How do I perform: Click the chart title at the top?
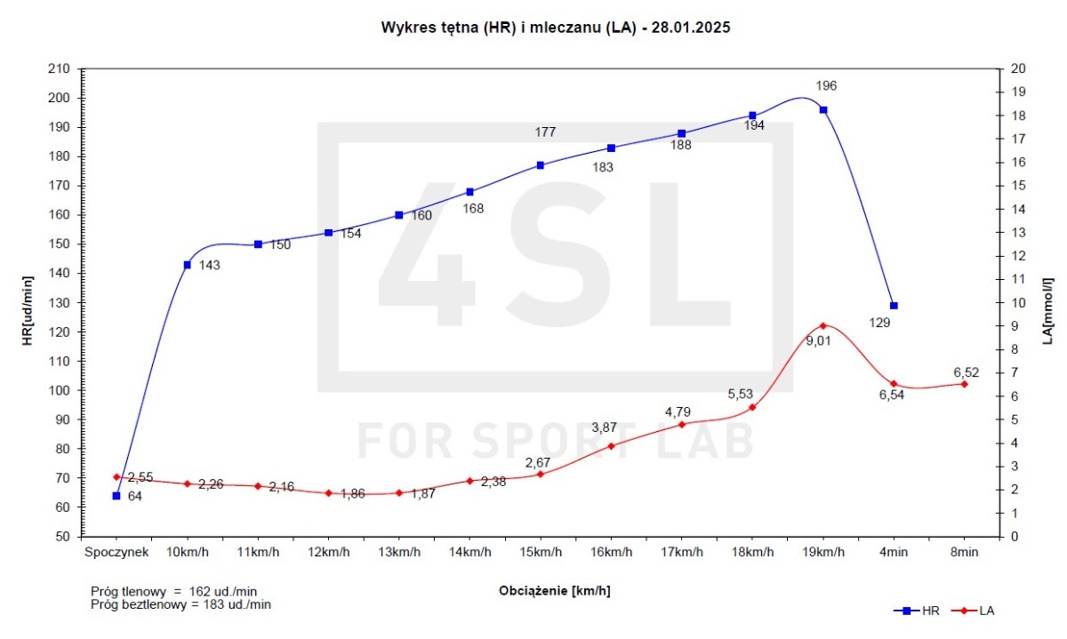556,27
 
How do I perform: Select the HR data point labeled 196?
823,109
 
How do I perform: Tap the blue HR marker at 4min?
894,306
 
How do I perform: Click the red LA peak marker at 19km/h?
823,326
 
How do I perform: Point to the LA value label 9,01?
818,340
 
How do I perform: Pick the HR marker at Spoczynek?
116,496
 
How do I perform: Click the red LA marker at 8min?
964,383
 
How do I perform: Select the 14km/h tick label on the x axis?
469,552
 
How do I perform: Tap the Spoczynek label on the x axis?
116,552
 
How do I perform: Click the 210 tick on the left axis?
60,68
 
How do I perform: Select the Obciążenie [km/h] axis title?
555,590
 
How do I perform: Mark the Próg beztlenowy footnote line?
181,604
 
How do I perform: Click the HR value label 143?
210,265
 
